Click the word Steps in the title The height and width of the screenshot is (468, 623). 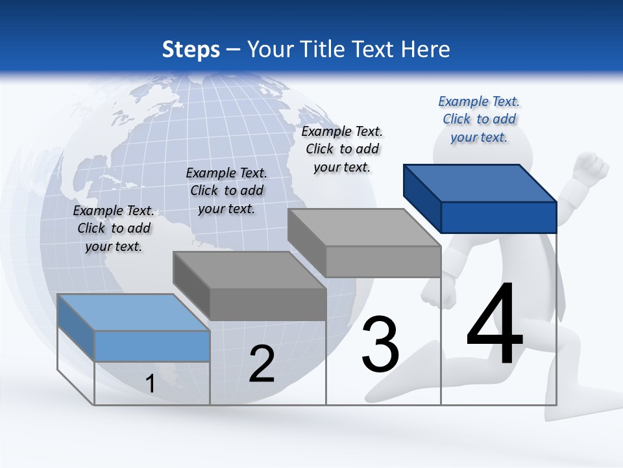(x=191, y=49)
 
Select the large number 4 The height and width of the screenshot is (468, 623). (x=495, y=323)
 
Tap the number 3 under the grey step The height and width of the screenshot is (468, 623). (x=380, y=344)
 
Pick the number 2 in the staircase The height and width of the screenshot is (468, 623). (x=262, y=365)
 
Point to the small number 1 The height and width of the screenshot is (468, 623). (x=150, y=383)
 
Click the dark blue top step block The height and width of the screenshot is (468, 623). (x=480, y=198)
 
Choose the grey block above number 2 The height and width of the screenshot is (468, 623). (x=250, y=286)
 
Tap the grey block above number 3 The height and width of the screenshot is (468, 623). (x=365, y=242)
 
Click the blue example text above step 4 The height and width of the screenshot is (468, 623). (x=479, y=119)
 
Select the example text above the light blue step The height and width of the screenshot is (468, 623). (x=114, y=228)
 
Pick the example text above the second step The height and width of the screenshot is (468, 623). (x=226, y=190)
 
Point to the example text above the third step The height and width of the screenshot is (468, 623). (x=342, y=149)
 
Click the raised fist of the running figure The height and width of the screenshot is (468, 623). (x=592, y=167)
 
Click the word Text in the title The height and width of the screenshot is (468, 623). (x=376, y=49)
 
